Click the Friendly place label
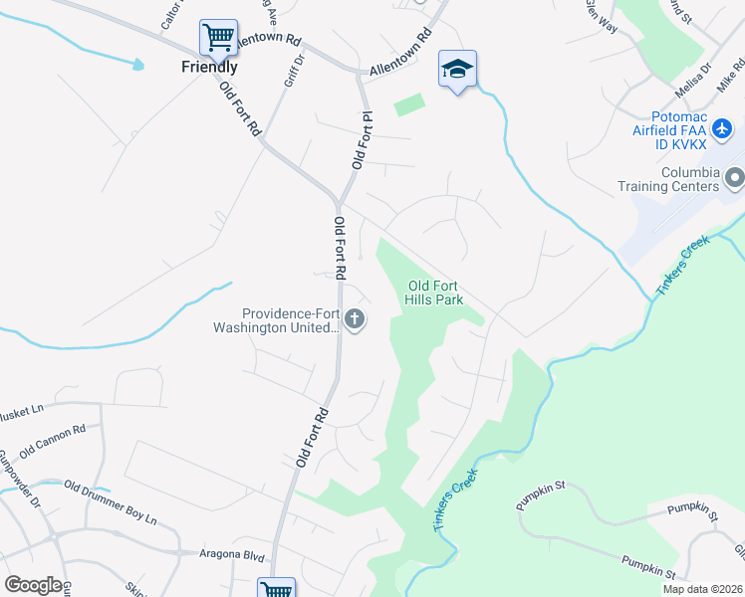coord(209,68)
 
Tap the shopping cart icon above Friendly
coord(218,39)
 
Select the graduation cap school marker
coord(457,69)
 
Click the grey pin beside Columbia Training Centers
coord(735,179)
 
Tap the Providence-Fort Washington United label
coord(277,319)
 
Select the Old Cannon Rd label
coord(53,441)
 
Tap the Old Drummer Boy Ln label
coord(111,501)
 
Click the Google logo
coord(33,585)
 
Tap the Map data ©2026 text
coord(701,589)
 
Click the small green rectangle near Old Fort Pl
coord(408,104)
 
